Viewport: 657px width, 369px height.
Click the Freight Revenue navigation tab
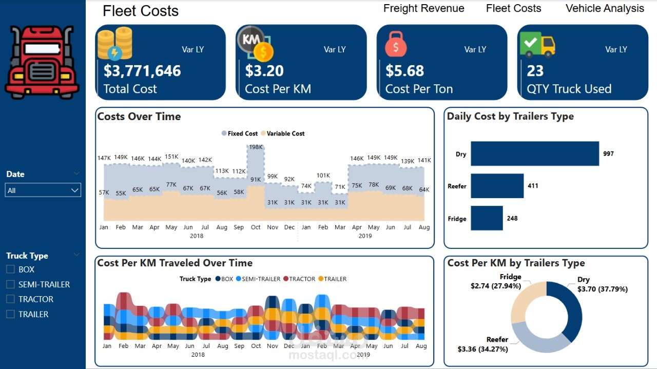point(423,8)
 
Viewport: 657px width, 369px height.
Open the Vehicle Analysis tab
point(605,8)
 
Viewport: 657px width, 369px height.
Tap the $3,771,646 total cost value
point(142,71)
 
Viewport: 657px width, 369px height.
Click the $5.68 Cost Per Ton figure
point(405,71)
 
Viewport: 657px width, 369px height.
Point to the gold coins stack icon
point(115,43)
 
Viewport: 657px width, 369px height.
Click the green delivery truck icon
point(537,44)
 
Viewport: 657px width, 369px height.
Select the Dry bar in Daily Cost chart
point(535,153)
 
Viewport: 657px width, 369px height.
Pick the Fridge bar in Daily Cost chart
point(487,218)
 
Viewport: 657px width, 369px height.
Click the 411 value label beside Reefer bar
point(533,186)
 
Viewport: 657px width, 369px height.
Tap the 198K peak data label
point(256,147)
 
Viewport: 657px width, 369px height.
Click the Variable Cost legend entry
point(283,133)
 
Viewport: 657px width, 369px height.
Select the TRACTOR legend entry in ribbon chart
point(299,279)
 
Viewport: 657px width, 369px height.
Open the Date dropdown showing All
point(43,190)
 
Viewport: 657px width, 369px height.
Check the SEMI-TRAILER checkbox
point(10,284)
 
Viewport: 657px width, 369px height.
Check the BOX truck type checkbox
point(10,269)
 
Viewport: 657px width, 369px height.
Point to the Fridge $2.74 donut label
point(496,281)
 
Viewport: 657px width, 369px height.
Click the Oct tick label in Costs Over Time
point(256,227)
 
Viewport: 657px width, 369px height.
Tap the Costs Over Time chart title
point(139,116)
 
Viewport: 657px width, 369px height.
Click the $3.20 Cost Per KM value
point(264,71)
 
